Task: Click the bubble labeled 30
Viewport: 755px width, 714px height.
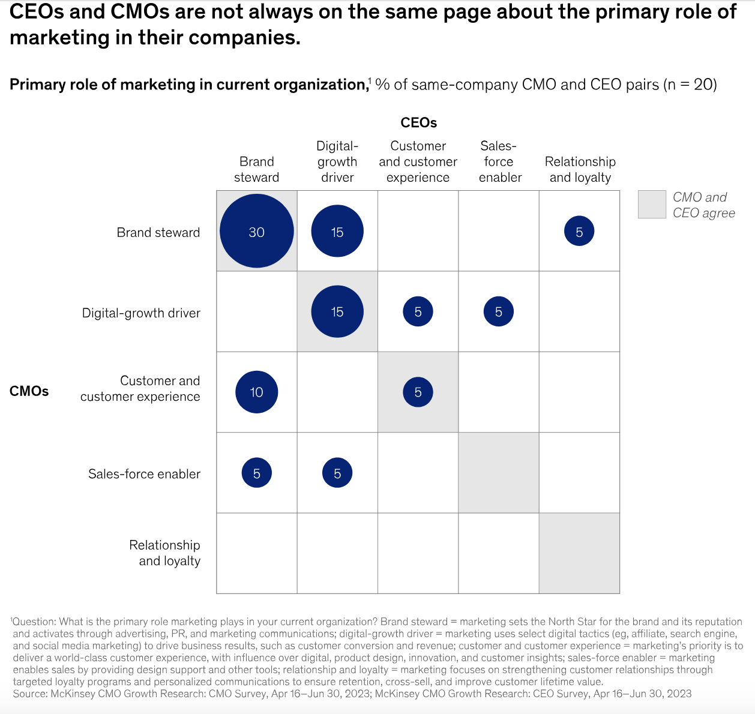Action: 257,231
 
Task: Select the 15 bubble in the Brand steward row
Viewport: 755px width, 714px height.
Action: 337,231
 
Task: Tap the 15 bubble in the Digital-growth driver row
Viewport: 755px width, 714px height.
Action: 337,311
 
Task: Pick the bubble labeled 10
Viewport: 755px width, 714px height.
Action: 257,392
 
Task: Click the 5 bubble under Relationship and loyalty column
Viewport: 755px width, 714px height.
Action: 579,232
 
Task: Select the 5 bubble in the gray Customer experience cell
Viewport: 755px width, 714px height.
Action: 418,392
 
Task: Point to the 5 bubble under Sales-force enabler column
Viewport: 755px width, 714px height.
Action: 498,311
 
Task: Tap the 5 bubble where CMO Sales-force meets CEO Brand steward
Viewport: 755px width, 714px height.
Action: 257,473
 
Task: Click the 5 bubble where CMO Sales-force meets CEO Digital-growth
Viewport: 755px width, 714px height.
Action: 337,473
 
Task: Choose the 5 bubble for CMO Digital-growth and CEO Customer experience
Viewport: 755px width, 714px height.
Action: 418,311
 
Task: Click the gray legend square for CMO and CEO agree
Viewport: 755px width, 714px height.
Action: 652,205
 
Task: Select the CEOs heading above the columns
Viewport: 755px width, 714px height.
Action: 418,122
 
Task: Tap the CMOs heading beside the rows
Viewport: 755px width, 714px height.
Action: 29,391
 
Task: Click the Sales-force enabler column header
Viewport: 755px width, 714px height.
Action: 499,161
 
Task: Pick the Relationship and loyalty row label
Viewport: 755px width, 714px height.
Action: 164,553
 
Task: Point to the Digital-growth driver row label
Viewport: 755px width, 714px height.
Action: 141,313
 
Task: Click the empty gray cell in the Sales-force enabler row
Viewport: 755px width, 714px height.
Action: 498,473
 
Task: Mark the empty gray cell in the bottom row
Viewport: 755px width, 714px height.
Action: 579,553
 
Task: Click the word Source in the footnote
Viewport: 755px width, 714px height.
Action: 29,694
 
